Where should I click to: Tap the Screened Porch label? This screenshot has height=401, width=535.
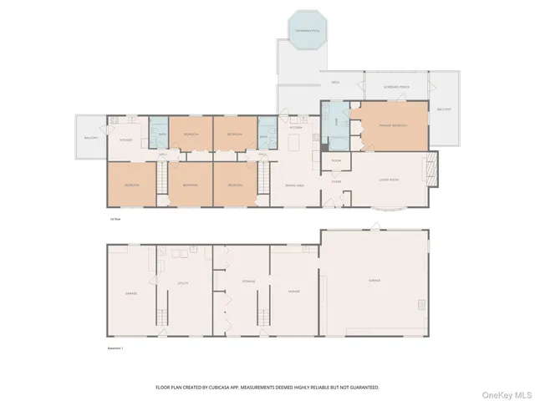[395, 87]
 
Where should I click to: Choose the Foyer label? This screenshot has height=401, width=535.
[335, 181]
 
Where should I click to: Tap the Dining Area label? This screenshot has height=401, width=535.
[293, 185]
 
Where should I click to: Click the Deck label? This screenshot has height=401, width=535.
[334, 83]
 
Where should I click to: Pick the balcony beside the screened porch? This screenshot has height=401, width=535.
[444, 109]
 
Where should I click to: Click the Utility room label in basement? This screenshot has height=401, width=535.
[183, 283]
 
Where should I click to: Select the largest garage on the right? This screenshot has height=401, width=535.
[374, 281]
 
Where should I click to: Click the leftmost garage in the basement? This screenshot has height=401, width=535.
[131, 293]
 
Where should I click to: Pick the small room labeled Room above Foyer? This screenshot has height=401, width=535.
[336, 160]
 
